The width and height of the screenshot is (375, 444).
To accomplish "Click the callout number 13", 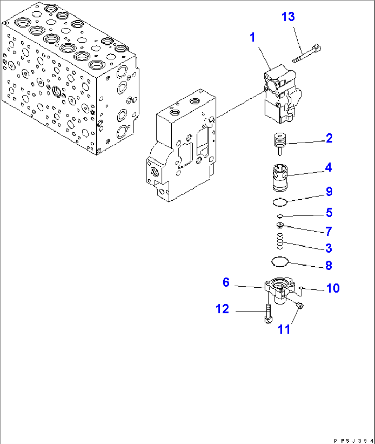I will [x=288, y=17].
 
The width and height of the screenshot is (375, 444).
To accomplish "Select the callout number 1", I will [x=253, y=37].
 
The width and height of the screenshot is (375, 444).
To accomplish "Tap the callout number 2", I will [x=329, y=138].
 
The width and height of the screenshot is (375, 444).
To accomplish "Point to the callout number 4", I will [x=329, y=168].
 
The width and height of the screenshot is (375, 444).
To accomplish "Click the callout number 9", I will [x=329, y=192].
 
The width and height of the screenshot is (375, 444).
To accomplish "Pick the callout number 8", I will [x=329, y=265].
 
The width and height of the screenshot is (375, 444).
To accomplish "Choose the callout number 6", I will [x=226, y=282].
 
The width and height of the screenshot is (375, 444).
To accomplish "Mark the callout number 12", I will [x=222, y=309].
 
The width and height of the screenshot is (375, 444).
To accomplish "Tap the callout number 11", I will [x=284, y=329].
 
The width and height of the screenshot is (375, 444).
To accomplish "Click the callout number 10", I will [x=333, y=288].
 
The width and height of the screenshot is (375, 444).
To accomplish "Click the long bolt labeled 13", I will [x=307, y=54].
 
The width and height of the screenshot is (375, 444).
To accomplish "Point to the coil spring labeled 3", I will [x=280, y=241].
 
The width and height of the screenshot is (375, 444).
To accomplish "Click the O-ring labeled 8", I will [x=279, y=262].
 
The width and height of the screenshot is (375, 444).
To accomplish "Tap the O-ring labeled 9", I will [x=280, y=202].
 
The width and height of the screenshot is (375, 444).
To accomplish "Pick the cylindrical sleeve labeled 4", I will [x=280, y=177].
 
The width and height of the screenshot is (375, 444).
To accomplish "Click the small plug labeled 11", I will [x=300, y=305].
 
